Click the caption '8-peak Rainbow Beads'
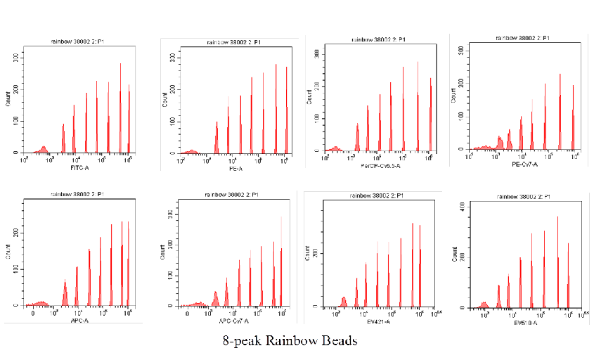(x=290, y=341)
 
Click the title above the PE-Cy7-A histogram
(x=522, y=38)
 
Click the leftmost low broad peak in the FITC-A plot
(x=44, y=148)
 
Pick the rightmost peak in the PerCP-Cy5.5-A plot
(x=430, y=80)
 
